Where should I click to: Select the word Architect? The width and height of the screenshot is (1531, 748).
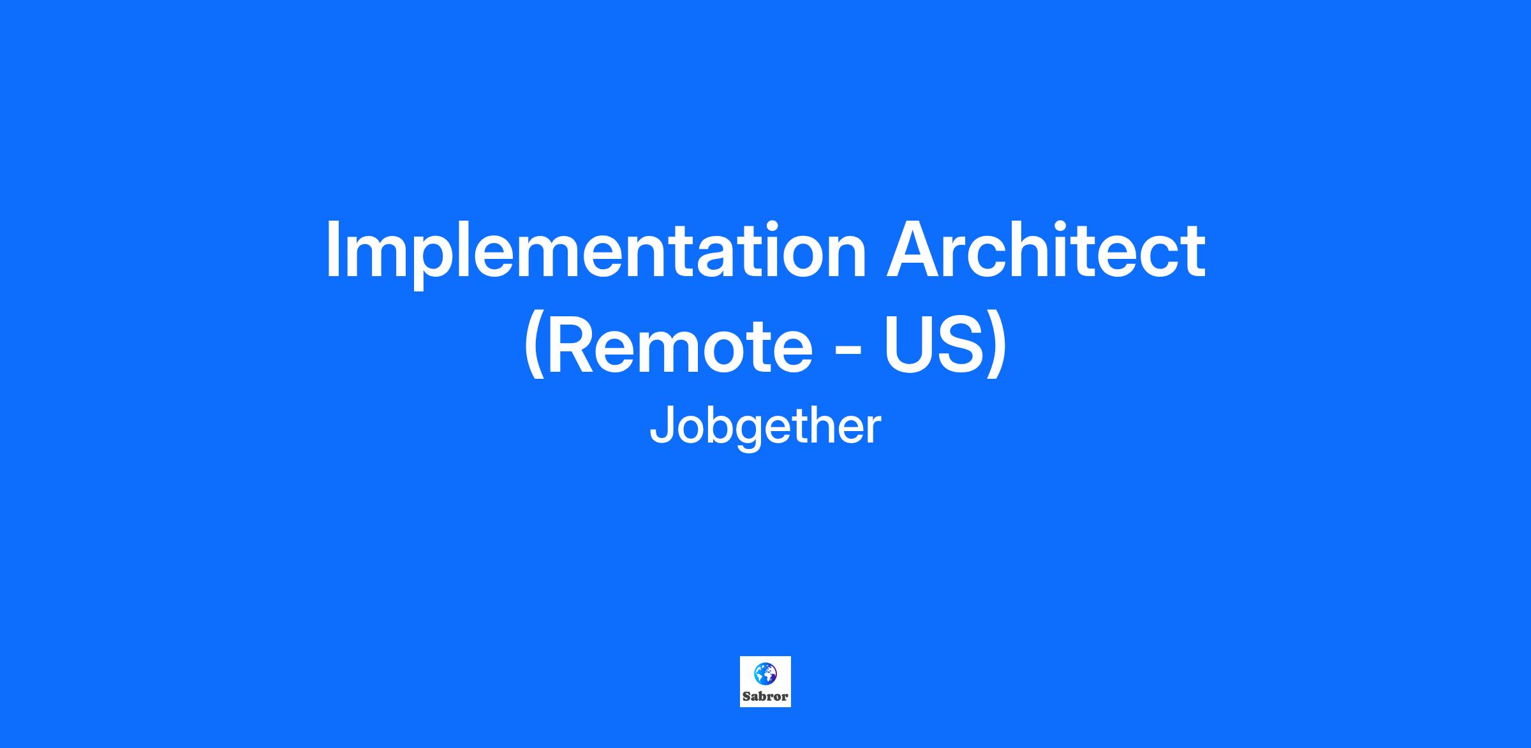1046,249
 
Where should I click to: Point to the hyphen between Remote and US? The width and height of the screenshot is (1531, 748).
848,351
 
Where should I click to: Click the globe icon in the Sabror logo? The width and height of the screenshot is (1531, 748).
765,673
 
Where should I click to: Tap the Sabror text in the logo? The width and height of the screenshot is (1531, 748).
765,696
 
